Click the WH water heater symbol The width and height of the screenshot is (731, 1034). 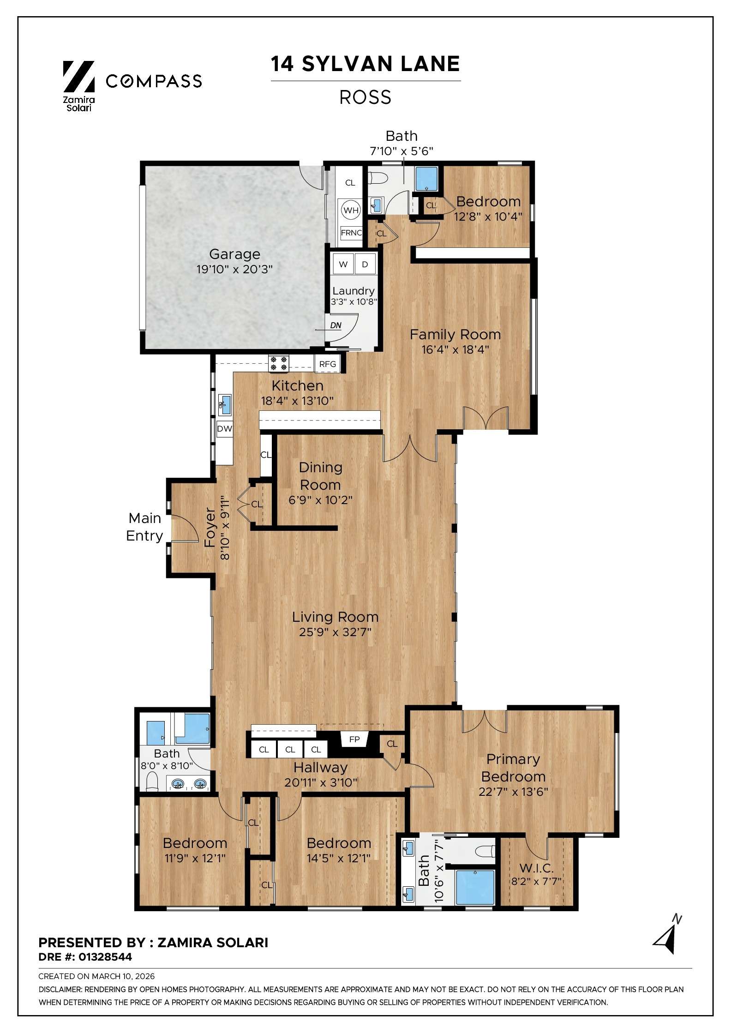click(x=351, y=210)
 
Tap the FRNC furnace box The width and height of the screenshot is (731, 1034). click(x=351, y=233)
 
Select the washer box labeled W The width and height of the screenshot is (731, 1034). click(x=343, y=264)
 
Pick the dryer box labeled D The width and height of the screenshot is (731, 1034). click(x=365, y=264)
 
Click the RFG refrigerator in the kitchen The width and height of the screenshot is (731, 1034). click(x=328, y=364)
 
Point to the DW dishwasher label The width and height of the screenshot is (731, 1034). click(x=225, y=429)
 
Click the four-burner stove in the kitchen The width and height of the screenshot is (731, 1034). click(x=279, y=363)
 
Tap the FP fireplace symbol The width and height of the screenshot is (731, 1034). click(x=354, y=739)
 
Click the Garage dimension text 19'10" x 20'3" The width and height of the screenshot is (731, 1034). click(x=234, y=269)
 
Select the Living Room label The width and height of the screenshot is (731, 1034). click(x=335, y=617)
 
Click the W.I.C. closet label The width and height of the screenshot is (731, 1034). click(x=536, y=868)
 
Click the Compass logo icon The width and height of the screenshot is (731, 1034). click(x=78, y=76)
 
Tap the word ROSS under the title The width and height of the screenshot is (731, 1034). click(x=365, y=97)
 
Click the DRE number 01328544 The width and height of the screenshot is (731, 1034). click(x=105, y=957)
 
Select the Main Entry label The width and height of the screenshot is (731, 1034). click(x=144, y=527)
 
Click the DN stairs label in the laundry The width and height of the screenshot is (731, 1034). click(x=336, y=325)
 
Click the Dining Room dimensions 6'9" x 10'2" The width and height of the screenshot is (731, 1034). click(x=320, y=500)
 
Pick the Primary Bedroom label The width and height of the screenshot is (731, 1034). click(x=513, y=768)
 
